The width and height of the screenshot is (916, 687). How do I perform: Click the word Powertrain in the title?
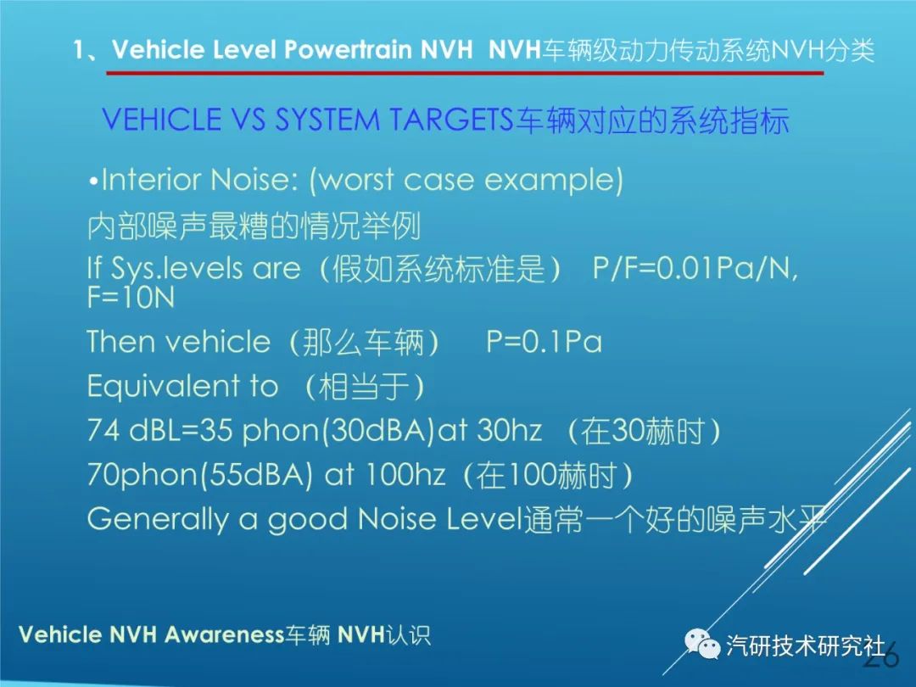coord(348,50)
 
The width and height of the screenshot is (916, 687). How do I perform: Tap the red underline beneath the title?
coord(465,74)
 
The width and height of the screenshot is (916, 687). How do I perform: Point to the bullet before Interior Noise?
coord(93,182)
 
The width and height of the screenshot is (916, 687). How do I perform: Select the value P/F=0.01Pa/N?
coord(695,269)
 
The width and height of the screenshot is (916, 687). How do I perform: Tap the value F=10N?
coord(131,298)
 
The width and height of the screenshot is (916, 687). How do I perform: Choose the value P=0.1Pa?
coord(544,342)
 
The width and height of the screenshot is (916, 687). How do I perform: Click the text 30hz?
coord(509,431)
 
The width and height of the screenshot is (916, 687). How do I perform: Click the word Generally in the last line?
coord(158,520)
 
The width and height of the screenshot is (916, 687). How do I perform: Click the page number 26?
coord(881,658)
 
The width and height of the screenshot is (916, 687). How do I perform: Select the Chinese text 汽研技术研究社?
coord(806,645)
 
